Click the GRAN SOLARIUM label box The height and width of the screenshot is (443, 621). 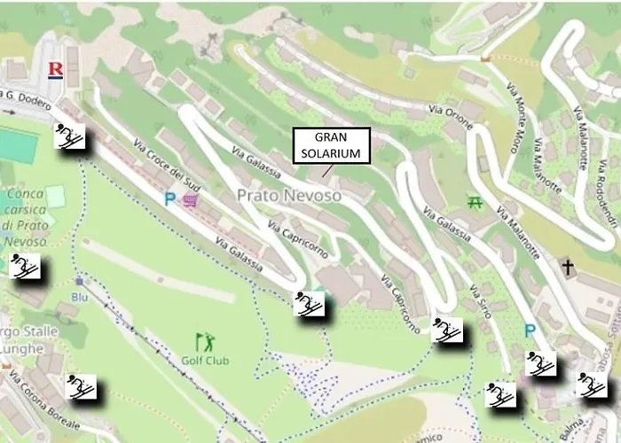pos(329,145)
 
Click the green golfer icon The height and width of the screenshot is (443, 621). pos(205,341)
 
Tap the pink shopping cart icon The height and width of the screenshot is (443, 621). pos(190,201)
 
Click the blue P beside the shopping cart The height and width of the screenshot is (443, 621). pos(169,200)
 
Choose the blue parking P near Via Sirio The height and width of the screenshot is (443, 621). pos(530,330)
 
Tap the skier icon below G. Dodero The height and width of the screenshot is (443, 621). pos(70,137)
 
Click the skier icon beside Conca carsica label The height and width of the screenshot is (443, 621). pos(24,266)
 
